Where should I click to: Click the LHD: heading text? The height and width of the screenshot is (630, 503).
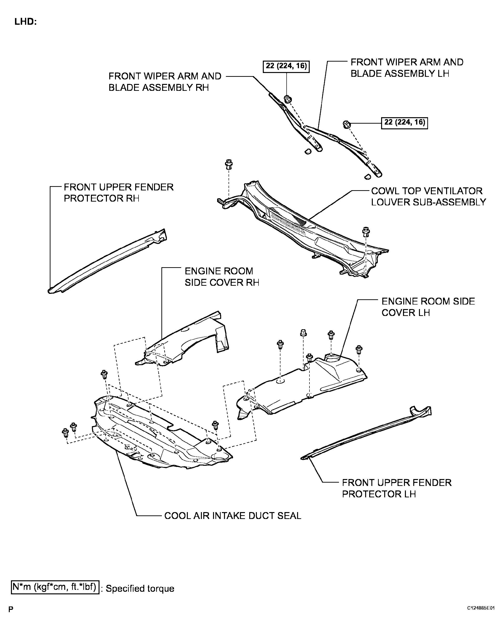(x=25, y=22)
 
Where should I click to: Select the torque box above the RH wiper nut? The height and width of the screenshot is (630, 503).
(x=286, y=66)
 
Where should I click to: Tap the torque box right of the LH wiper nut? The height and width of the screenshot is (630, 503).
(x=404, y=123)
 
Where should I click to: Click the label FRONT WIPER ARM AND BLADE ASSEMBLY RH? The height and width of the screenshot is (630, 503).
(x=165, y=82)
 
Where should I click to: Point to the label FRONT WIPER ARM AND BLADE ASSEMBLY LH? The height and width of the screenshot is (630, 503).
(x=407, y=68)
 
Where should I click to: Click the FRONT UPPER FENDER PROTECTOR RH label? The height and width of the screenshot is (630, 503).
(x=119, y=193)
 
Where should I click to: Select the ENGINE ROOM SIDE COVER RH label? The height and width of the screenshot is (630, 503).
(x=222, y=277)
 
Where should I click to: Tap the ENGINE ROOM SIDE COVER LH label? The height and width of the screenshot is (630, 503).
(x=428, y=307)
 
